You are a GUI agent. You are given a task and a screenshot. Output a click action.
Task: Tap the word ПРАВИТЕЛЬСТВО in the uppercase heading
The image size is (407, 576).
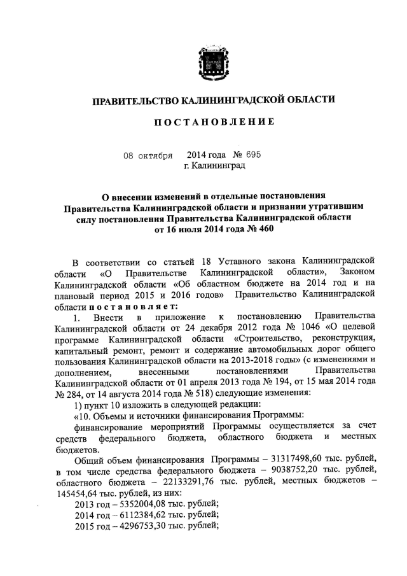pyautogui.click(x=133, y=100)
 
